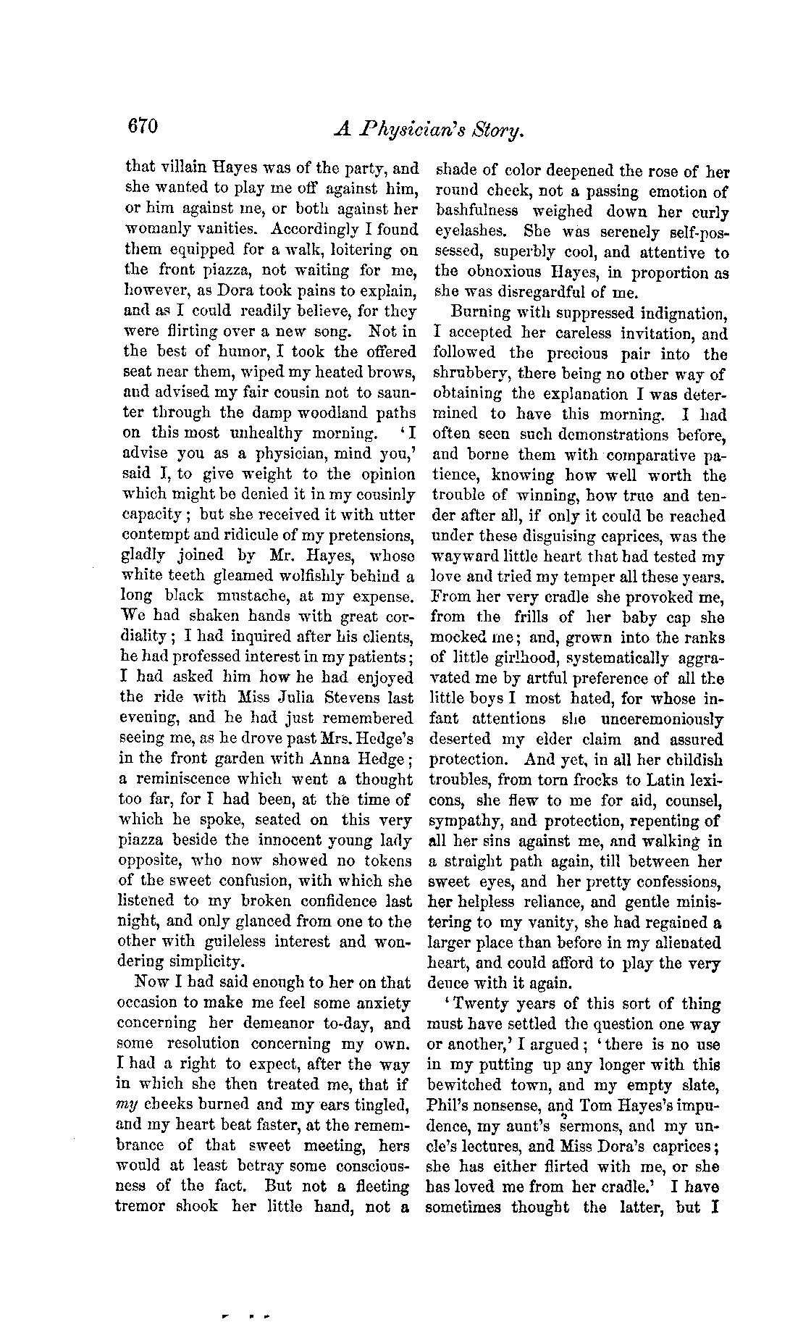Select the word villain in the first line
[177, 169]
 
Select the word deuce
[448, 984]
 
